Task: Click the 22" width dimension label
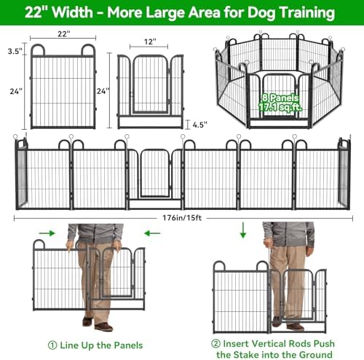tap(63, 34)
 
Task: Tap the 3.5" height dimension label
tap(15, 51)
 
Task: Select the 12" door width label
tap(150, 42)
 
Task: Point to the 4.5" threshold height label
tap(200, 125)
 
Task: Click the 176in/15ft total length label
tap(182, 218)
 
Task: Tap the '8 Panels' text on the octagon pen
tap(280, 98)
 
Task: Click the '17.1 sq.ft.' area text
tap(280, 106)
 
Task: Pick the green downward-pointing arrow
tap(243, 230)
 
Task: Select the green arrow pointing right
tap(47, 233)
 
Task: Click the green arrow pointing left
tap(152, 233)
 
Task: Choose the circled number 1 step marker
tap(52, 345)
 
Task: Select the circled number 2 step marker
tap(215, 344)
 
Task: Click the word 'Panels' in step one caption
tap(128, 345)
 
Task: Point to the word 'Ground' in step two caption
tap(316, 355)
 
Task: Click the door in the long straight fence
tap(154, 173)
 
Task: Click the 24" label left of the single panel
tap(16, 91)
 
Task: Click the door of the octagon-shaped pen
tap(279, 95)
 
